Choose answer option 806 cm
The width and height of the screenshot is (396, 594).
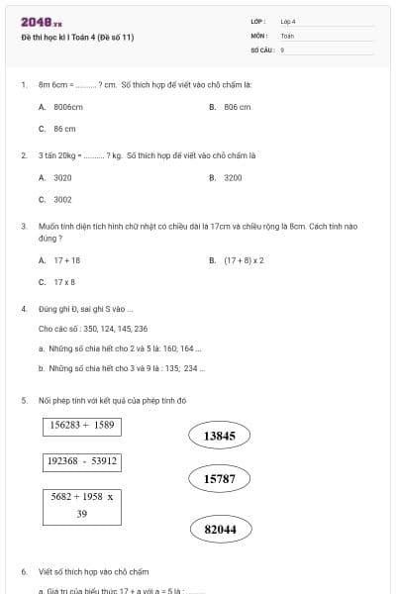[237, 107]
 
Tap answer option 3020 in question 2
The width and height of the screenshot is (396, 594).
[62, 177]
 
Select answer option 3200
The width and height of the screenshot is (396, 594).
[233, 177]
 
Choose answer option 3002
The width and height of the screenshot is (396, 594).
[62, 199]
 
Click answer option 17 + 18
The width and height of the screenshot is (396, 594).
[66, 260]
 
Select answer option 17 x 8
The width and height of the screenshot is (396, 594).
[64, 282]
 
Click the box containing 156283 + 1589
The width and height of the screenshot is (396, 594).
[81, 426]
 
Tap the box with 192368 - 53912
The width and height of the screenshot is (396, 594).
[81, 461]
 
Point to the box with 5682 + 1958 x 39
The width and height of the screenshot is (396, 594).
[81, 505]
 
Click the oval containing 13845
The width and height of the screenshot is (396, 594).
[219, 436]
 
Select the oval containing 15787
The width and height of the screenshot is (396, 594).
[219, 479]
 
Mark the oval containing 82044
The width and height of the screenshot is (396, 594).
[220, 530]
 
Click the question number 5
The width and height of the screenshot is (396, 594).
[23, 401]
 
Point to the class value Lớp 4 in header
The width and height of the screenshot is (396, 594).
[288, 21]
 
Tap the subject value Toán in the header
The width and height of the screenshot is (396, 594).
[287, 35]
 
